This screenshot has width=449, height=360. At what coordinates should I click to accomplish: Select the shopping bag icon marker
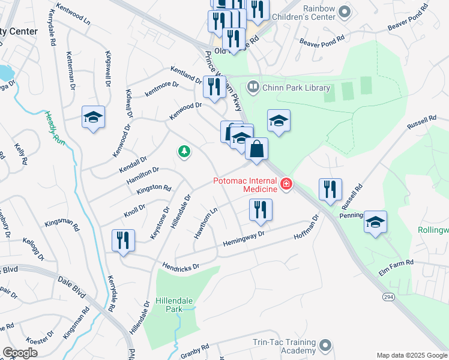coord(256,149)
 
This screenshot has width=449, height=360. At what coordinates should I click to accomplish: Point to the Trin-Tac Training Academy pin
coord(325,346)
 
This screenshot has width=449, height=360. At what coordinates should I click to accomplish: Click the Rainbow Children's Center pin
coord(344,11)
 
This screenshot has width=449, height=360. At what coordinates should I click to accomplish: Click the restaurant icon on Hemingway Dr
coord(261,210)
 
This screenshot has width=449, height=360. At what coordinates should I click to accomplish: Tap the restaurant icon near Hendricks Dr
coord(123,240)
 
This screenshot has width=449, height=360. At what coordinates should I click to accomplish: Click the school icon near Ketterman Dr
coord(93,117)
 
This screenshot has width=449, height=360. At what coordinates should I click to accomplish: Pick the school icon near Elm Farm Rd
coord(375,222)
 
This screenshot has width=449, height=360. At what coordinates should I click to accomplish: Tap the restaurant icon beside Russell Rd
coord(330,190)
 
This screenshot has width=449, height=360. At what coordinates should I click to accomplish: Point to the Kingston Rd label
coord(154,187)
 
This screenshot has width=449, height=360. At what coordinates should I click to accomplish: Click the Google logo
coord(20,353)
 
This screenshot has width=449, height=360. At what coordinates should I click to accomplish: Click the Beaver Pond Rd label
coord(322,41)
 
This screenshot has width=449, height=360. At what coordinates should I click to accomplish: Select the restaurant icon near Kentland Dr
coord(214,86)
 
